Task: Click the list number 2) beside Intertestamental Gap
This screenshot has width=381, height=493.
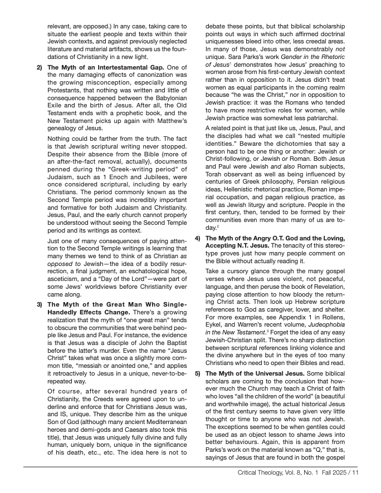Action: [40, 68]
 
